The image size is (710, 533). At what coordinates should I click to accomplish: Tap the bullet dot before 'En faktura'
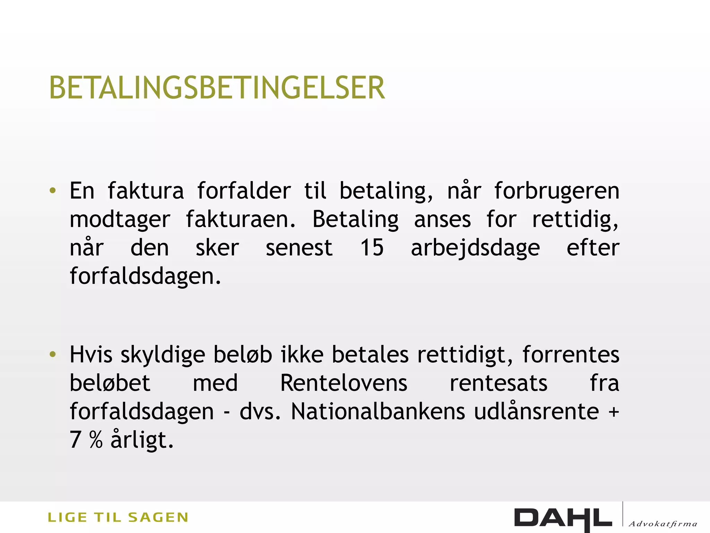(x=53, y=191)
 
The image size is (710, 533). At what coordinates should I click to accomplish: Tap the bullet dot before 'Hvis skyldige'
(x=53, y=354)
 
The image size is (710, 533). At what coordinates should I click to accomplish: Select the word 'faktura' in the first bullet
(x=146, y=191)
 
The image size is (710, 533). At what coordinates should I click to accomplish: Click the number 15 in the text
(x=372, y=248)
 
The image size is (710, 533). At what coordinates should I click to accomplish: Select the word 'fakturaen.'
(x=241, y=219)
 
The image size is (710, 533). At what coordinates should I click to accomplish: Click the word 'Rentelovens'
(x=344, y=383)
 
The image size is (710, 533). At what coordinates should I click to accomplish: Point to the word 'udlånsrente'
(x=536, y=412)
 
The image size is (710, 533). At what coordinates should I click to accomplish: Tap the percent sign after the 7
(x=96, y=440)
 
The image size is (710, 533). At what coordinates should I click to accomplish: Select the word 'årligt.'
(x=142, y=440)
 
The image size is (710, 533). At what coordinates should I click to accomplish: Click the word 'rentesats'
(x=499, y=383)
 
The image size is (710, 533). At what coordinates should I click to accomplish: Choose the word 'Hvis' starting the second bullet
(x=91, y=355)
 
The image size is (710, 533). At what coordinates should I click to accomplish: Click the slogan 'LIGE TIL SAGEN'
(x=118, y=517)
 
